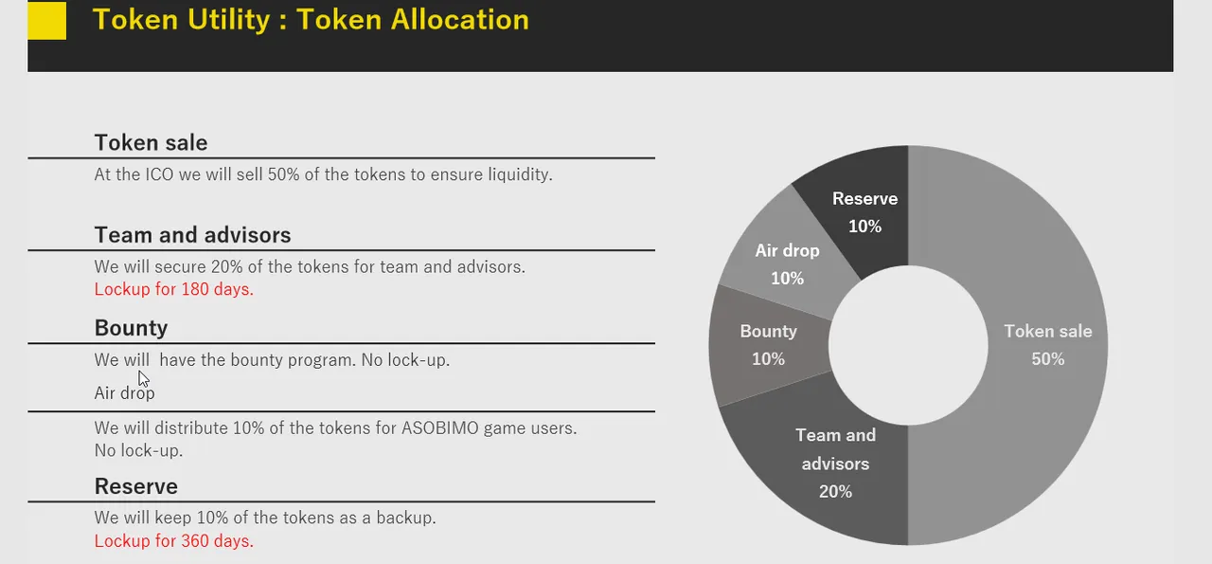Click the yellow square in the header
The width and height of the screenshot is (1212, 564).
coord(47,21)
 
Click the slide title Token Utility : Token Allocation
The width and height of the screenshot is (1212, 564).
coord(312,20)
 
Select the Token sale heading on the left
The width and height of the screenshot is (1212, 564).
coord(151,143)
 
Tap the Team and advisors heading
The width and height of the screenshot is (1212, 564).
coord(192,235)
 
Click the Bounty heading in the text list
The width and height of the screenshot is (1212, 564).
coord(131,328)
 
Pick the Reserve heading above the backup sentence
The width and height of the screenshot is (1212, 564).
coord(135,486)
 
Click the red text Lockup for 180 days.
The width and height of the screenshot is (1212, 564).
coord(173,289)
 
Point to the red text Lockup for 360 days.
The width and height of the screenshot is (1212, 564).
coord(173,540)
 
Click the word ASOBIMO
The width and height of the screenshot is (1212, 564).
coord(440,428)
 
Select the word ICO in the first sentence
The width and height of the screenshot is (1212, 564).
coord(159,174)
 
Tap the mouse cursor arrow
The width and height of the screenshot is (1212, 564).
coord(143,379)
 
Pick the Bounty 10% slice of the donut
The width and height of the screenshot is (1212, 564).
coord(768,345)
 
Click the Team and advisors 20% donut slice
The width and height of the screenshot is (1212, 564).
coord(833,466)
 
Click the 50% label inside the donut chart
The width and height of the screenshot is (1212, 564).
coord(1048,359)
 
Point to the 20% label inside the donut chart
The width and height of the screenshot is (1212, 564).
coord(835,491)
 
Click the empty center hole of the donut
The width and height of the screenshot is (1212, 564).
coord(908,345)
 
